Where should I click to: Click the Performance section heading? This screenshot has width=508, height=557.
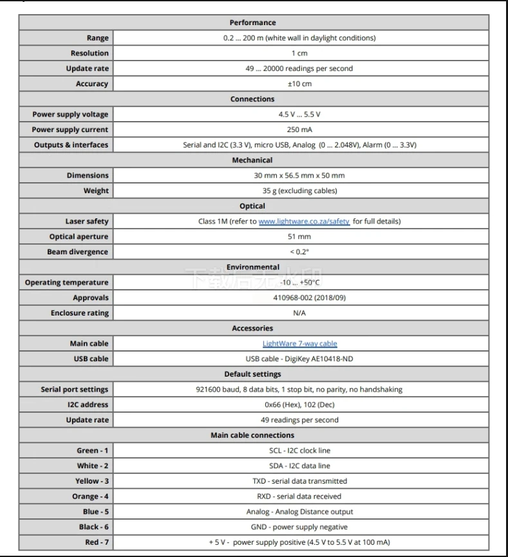[x=252, y=23]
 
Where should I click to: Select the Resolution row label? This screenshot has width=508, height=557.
[x=89, y=53]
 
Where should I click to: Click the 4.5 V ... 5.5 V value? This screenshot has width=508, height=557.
[x=299, y=115]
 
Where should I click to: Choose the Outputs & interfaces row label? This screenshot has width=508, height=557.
[x=71, y=145]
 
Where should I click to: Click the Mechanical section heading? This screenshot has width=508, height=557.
[x=252, y=160]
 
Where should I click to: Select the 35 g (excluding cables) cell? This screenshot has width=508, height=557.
[x=299, y=191]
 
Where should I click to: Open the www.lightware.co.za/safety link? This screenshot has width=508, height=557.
[x=304, y=222]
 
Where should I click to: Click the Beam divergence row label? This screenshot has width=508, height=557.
[x=77, y=252]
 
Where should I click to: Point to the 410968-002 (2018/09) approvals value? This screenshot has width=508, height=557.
[x=299, y=298]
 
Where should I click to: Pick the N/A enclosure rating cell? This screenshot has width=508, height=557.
[x=299, y=313]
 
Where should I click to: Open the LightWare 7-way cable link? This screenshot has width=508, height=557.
[x=299, y=344]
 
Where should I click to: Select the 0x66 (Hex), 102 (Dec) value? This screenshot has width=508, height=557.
[x=299, y=405]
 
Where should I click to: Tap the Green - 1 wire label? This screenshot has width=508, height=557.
[x=93, y=451]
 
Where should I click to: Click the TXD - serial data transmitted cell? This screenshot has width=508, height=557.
[x=299, y=481]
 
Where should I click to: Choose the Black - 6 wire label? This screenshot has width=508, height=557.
[x=93, y=527]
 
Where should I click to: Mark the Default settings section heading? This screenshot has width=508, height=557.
[x=252, y=374]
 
